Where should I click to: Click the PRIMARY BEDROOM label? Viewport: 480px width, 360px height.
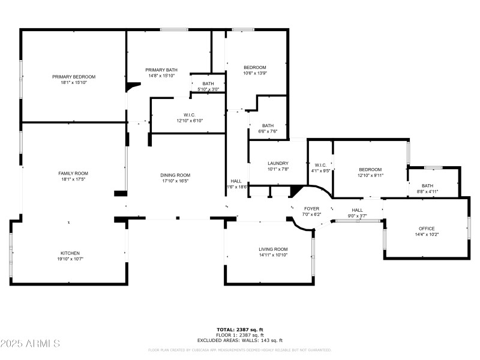(x=74, y=77)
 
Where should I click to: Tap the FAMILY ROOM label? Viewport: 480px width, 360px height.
(x=74, y=173)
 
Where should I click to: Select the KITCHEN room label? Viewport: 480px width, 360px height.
(x=70, y=253)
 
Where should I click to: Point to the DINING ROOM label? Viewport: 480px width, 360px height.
(x=175, y=175)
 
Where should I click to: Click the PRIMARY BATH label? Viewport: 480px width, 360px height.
(x=161, y=70)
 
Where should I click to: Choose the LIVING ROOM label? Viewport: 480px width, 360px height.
(x=273, y=249)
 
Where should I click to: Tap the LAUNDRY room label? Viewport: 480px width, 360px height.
(x=278, y=163)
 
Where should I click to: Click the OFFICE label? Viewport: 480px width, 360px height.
(x=427, y=229)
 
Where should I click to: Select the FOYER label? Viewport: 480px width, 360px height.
(x=311, y=208)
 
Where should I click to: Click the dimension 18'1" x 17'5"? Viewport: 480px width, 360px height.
(x=74, y=179)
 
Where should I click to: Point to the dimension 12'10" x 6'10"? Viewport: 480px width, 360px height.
(x=190, y=121)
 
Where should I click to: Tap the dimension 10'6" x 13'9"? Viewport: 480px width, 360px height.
(x=254, y=73)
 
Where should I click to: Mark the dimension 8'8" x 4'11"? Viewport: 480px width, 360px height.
(x=427, y=192)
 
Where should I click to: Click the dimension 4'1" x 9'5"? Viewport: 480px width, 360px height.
(x=320, y=170)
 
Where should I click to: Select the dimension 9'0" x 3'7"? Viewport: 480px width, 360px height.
(x=357, y=216)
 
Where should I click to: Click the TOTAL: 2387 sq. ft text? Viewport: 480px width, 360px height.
(x=239, y=329)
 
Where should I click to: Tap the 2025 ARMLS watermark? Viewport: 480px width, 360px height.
(x=30, y=344)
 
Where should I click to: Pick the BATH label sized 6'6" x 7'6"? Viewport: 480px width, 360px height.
(x=268, y=125)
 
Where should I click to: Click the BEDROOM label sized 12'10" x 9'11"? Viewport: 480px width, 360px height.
(x=370, y=169)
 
